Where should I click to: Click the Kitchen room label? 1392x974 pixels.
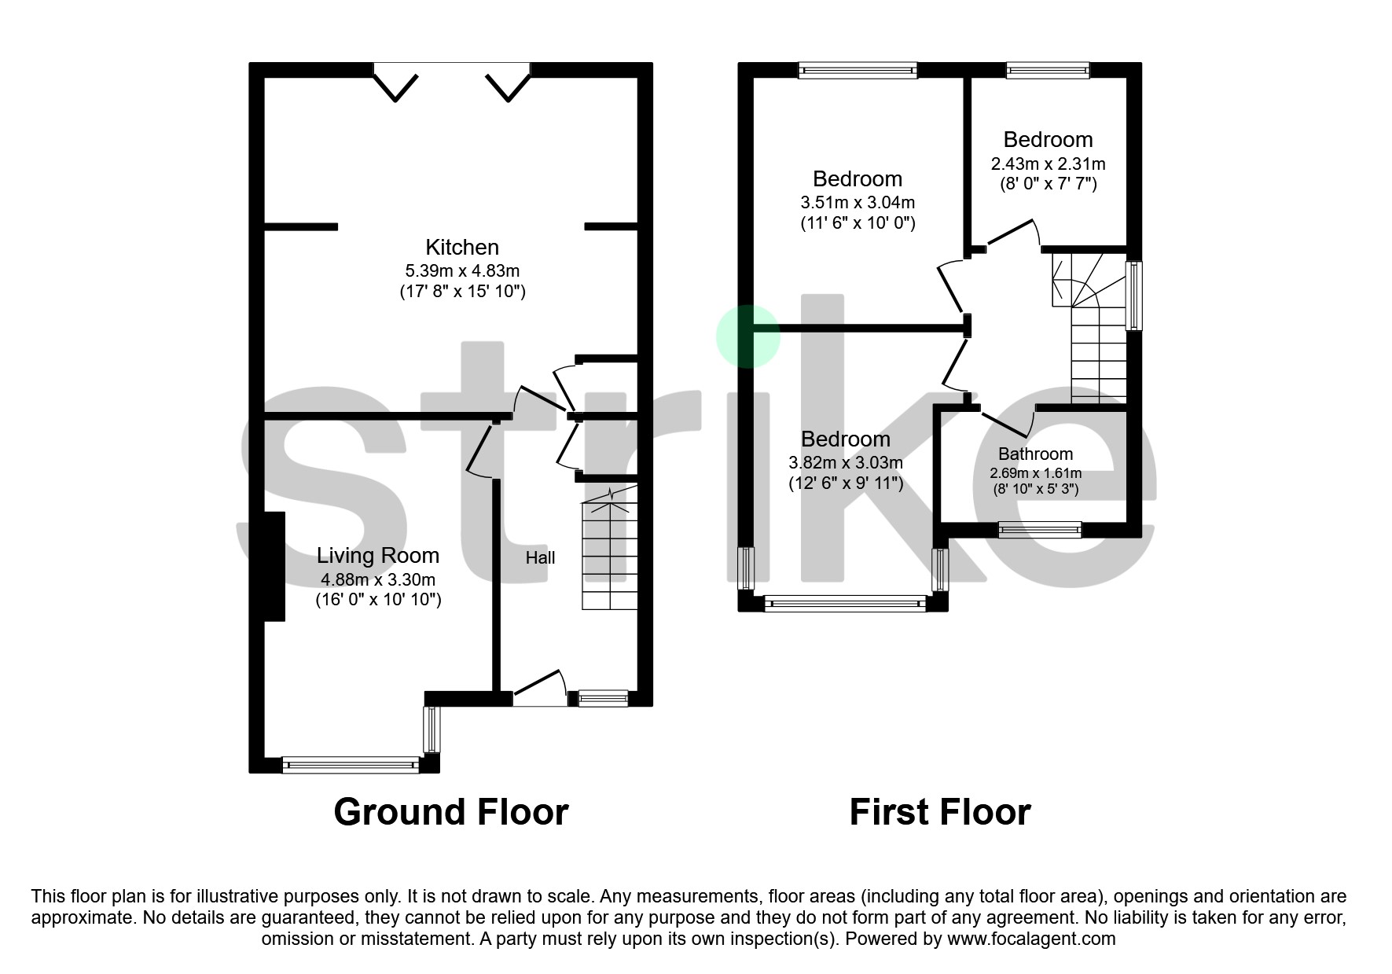click(x=462, y=248)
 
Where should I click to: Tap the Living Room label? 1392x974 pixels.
click(x=377, y=556)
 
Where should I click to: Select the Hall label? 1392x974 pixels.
click(x=540, y=558)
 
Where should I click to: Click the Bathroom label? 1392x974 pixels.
click(x=1035, y=454)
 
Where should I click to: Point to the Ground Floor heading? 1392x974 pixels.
click(x=450, y=812)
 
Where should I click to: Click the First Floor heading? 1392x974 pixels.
click(x=939, y=812)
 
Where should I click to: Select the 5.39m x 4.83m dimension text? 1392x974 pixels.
click(x=462, y=271)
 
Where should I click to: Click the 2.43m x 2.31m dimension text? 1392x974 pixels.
click(x=1048, y=164)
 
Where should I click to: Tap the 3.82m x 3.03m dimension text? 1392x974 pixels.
click(x=845, y=463)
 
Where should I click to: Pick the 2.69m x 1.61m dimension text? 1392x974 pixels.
click(x=1035, y=473)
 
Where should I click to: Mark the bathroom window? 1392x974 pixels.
click(x=1039, y=530)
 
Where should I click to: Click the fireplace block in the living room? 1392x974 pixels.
click(x=274, y=566)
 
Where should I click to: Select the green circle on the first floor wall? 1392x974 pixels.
click(x=747, y=336)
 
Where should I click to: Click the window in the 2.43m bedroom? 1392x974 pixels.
click(x=1048, y=71)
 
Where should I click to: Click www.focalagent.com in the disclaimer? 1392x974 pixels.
click(x=1031, y=939)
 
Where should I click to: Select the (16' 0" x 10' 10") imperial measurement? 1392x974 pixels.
click(x=378, y=600)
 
